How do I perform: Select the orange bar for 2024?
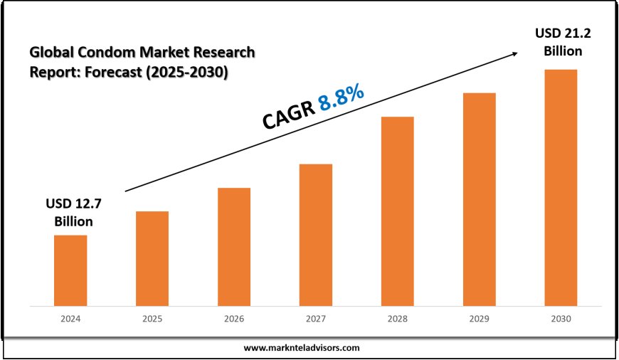[70, 270]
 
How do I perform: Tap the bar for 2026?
[234, 247]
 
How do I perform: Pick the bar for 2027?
[316, 235]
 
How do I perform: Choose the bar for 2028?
[397, 211]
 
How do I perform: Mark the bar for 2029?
[479, 199]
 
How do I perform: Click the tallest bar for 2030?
[561, 188]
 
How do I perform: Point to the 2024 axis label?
[70, 320]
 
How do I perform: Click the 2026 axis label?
[234, 320]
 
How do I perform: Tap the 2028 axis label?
[397, 320]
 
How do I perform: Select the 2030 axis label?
[561, 320]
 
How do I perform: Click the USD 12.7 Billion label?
[73, 213]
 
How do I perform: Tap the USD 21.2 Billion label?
[559, 43]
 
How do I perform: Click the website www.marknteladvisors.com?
[302, 348]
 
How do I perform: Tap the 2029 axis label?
[479, 320]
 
